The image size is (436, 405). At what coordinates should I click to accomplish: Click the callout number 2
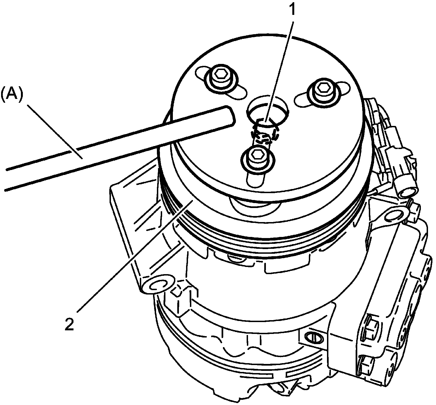(69, 324)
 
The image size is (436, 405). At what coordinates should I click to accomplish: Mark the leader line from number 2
(132, 256)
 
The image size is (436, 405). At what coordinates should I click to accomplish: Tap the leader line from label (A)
(55, 132)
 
